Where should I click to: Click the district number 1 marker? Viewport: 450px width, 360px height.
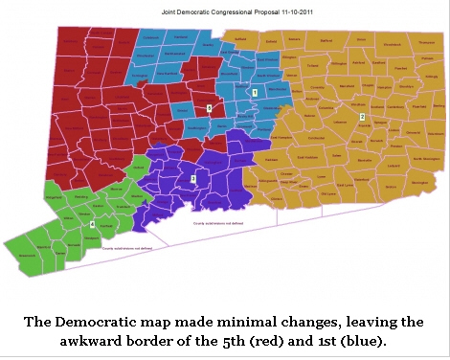coord(255,92)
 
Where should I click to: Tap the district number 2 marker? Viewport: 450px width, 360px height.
coord(362,116)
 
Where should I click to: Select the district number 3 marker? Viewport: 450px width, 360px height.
coord(193,179)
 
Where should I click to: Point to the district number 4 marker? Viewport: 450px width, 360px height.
coord(92,224)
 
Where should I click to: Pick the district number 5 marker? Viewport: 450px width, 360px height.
coord(209,108)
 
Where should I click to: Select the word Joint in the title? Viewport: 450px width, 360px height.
coord(156,12)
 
